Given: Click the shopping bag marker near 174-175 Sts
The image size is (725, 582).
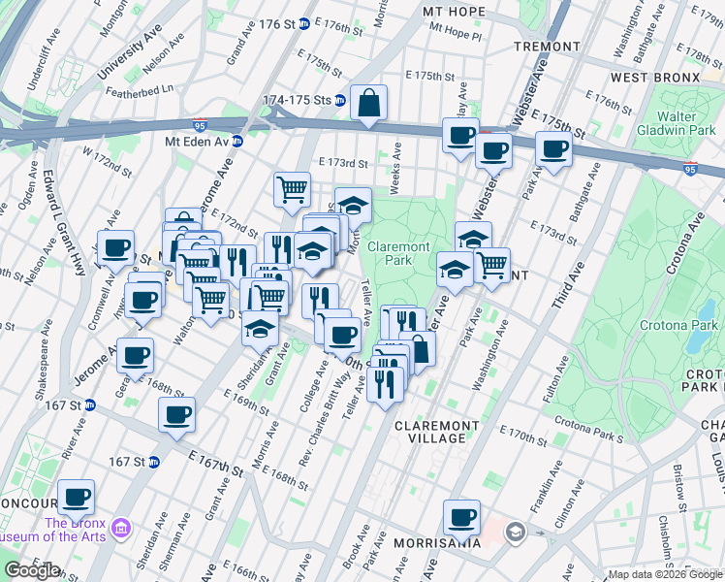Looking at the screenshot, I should [x=369, y=103].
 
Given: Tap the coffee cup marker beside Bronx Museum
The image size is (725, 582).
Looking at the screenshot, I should [x=77, y=498].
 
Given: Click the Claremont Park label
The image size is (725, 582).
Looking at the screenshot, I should [x=399, y=254].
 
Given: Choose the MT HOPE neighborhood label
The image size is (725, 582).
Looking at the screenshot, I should [x=453, y=12].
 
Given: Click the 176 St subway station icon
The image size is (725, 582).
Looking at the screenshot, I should [x=303, y=23].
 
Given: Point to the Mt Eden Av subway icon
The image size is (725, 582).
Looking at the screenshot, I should [x=236, y=141].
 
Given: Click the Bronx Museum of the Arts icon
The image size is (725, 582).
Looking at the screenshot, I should [x=120, y=528].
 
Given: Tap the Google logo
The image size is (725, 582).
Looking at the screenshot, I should [x=32, y=570].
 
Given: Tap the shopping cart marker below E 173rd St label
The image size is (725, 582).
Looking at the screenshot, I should [x=292, y=190].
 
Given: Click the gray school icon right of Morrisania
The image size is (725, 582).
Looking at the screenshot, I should [x=514, y=532].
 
